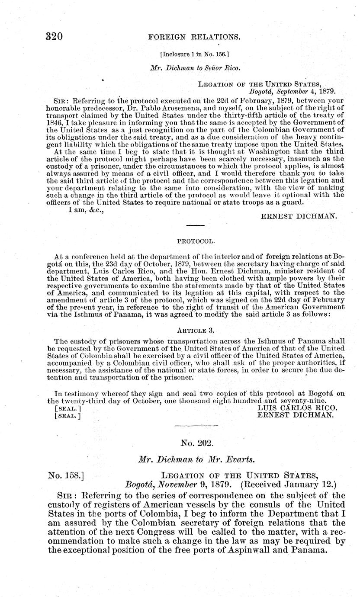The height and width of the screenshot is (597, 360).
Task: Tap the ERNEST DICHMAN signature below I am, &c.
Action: [x=299, y=216]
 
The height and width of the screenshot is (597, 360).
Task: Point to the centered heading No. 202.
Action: [x=195, y=443]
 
